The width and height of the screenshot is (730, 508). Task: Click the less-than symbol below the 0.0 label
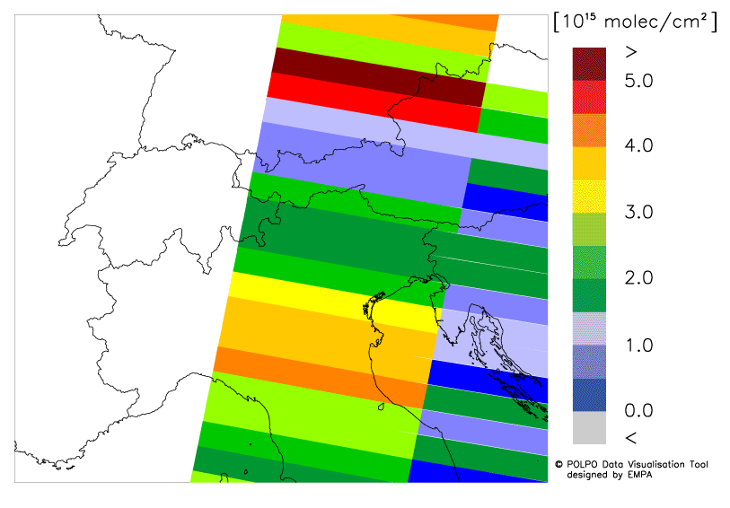[x=629, y=437]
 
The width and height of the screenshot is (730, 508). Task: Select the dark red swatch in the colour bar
[x=589, y=63]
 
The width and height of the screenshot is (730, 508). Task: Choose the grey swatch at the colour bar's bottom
[x=589, y=427]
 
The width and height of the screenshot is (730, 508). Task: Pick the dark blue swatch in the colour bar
[x=589, y=394]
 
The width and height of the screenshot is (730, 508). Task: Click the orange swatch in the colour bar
[x=589, y=129]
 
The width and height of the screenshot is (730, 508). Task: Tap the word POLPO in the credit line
[x=582, y=464]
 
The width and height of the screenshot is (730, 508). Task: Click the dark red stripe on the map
[x=377, y=77]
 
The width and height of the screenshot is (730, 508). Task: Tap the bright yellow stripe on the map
[x=332, y=301]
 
